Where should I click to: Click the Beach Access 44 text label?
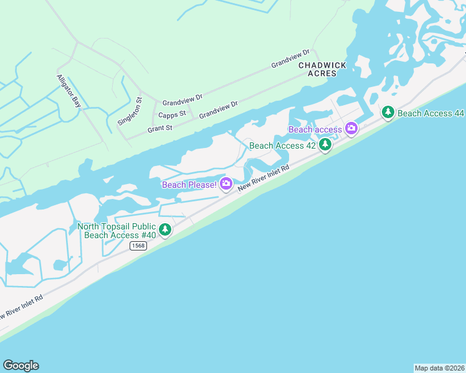click(x=431, y=113)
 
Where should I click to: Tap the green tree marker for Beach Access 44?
click(x=388, y=113)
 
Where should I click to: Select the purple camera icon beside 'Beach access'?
click(x=351, y=129)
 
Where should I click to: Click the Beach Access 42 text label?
click(x=282, y=145)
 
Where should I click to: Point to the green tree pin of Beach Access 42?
click(x=325, y=145)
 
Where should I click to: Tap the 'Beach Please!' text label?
click(x=189, y=185)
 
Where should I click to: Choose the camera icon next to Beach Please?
click(x=226, y=183)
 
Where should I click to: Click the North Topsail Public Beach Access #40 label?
click(x=117, y=231)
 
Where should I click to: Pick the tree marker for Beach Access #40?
click(x=165, y=230)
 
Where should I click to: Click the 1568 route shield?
click(x=138, y=246)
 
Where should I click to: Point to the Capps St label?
click(x=172, y=114)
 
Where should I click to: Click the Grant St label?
click(x=159, y=127)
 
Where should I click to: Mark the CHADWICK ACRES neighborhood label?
click(x=318, y=69)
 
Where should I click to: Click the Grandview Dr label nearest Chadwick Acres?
click(x=290, y=60)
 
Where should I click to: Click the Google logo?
click(x=21, y=366)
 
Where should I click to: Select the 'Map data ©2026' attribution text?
click(x=440, y=368)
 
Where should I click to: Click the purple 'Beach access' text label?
click(x=315, y=129)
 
